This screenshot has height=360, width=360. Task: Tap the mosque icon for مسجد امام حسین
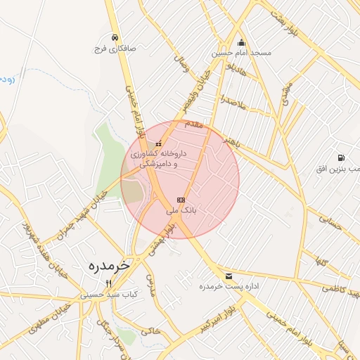pos(241,41)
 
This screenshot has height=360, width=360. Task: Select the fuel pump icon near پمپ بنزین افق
pos(341,158)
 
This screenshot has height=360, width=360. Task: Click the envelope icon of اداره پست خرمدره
pos(229,276)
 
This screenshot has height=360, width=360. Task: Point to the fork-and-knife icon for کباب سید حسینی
pos(108,284)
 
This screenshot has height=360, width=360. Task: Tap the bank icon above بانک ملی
pos(181,200)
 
